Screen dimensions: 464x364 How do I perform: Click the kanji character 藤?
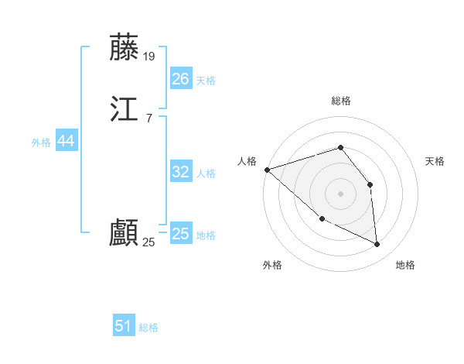[x=125, y=47]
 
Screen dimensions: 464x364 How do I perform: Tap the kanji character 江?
[x=125, y=111]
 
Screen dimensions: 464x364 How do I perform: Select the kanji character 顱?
[x=125, y=233]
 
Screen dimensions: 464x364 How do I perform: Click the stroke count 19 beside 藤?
[x=149, y=56]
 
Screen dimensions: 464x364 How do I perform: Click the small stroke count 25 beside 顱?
[x=149, y=242]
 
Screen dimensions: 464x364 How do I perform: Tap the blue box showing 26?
[x=180, y=78]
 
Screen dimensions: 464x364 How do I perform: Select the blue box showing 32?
[x=180, y=172]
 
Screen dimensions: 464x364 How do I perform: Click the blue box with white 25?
[x=180, y=234]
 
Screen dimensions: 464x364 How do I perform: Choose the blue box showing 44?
[x=66, y=141]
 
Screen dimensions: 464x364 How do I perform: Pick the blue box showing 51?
[x=124, y=326]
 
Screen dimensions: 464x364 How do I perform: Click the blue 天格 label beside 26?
[x=206, y=80]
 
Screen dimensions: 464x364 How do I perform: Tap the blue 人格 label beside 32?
[x=206, y=173]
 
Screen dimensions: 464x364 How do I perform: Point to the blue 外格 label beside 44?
[x=41, y=143]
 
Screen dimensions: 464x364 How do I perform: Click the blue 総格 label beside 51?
[x=148, y=328]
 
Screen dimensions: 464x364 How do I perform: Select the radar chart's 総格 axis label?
[x=340, y=101]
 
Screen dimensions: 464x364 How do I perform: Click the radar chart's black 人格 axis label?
[x=247, y=161]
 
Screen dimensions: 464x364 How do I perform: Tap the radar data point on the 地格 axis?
[x=377, y=244]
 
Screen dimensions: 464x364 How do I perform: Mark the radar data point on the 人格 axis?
[x=267, y=170]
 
